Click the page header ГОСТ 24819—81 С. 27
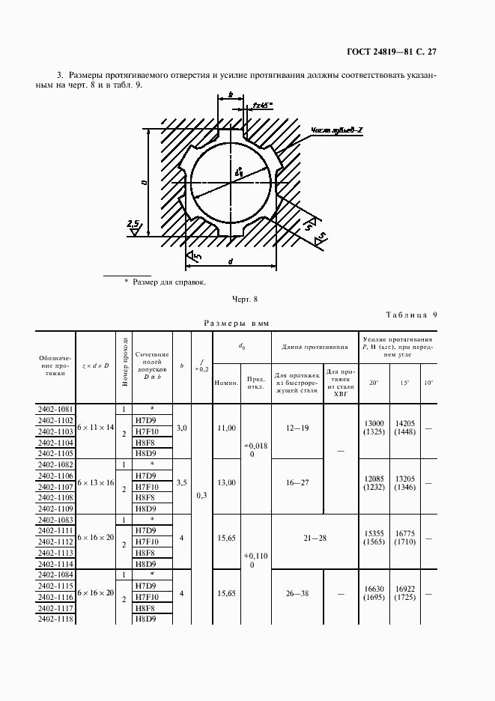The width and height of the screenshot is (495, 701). [401, 52]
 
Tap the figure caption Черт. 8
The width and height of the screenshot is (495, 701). [244, 300]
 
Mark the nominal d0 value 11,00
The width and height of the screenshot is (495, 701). [226, 427]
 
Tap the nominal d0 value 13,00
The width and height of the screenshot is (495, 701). [226, 483]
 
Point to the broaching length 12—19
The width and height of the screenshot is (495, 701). [297, 427]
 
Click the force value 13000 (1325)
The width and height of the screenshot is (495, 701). [374, 428]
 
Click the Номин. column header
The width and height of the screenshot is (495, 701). [226, 383]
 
